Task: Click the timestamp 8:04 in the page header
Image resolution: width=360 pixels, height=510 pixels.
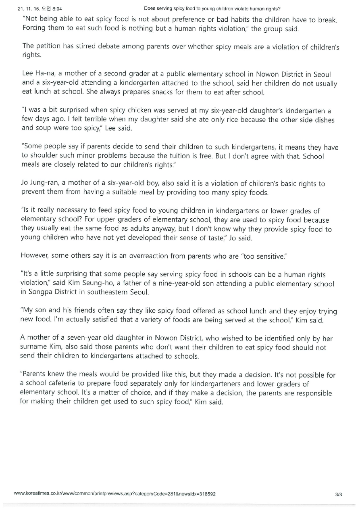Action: pyautogui.click(x=57, y=8)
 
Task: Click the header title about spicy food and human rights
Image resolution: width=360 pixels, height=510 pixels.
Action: pyautogui.click(x=212, y=8)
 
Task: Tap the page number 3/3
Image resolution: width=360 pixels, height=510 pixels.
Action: pyautogui.click(x=338, y=494)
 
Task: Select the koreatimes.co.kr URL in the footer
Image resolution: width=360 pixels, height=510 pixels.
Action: pyautogui.click(x=114, y=493)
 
